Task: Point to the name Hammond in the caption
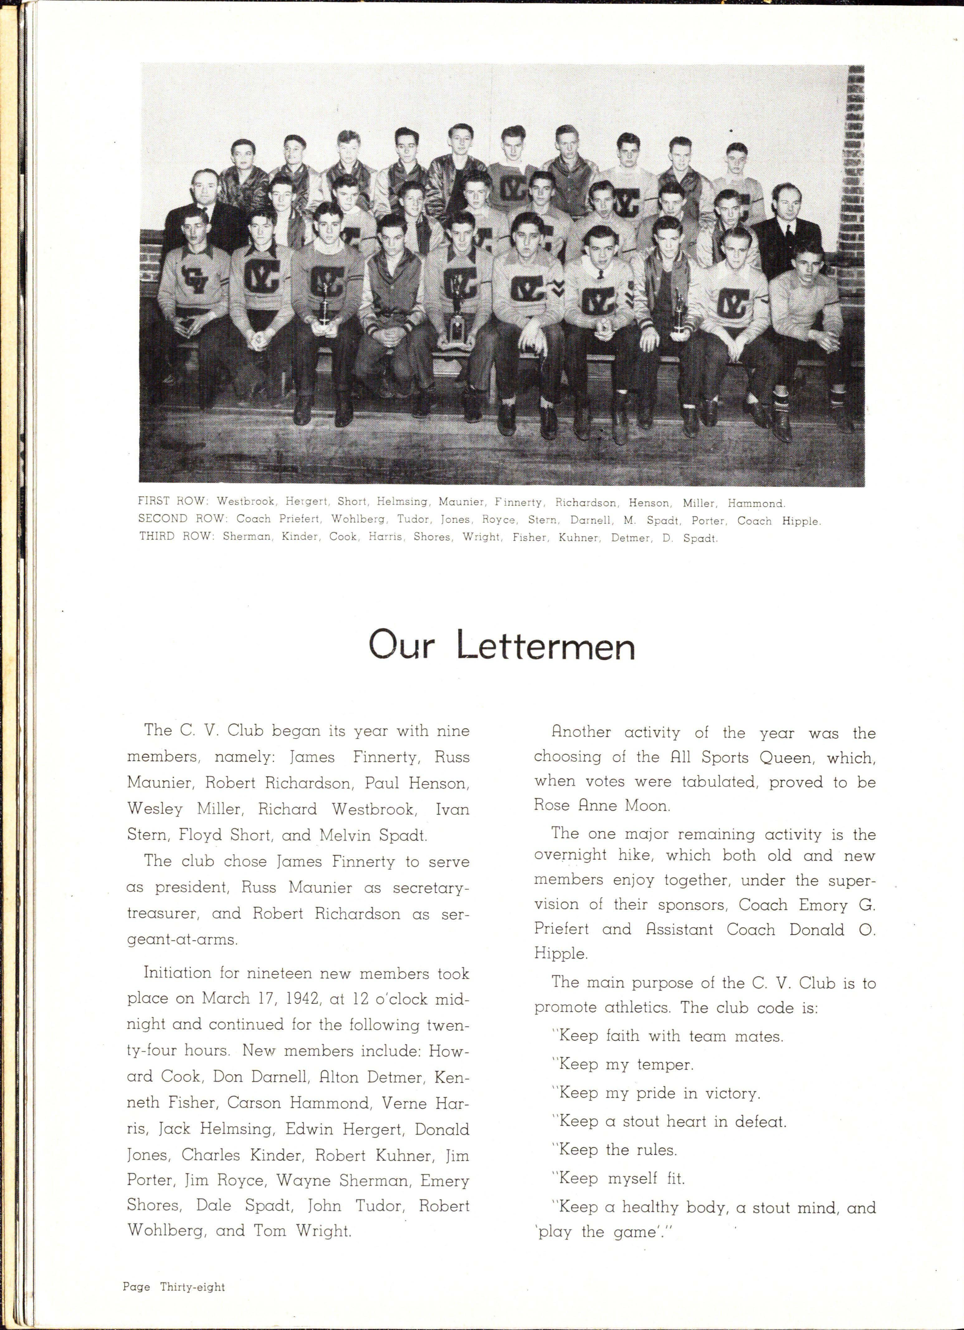coord(756,503)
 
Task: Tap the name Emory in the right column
coord(823,905)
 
